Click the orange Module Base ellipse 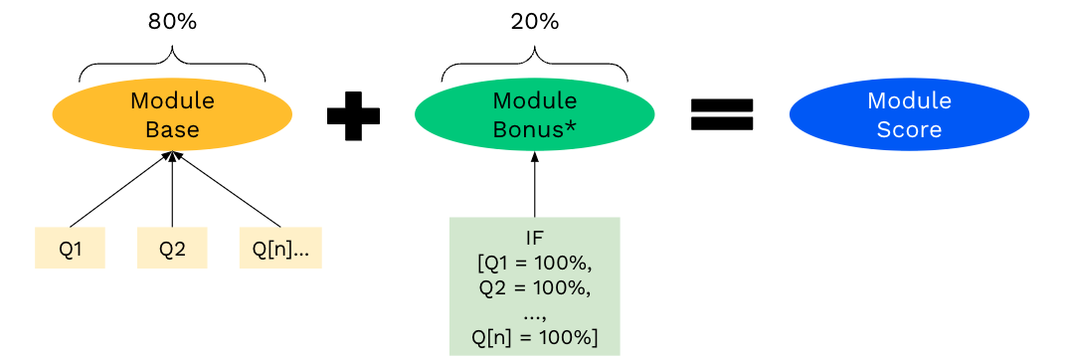(x=172, y=114)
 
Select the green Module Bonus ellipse (x=534, y=114)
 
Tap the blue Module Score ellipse (x=909, y=114)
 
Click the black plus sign (x=353, y=115)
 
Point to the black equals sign (x=722, y=115)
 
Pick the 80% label (x=172, y=22)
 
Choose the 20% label (x=534, y=22)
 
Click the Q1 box (x=70, y=249)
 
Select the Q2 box (x=172, y=249)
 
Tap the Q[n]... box (x=280, y=249)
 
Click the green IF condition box (x=534, y=286)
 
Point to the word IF (x=534, y=239)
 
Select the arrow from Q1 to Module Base (x=119, y=190)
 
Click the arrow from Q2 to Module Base (x=172, y=189)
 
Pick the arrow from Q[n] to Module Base (x=227, y=190)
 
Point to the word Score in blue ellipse (x=909, y=129)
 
